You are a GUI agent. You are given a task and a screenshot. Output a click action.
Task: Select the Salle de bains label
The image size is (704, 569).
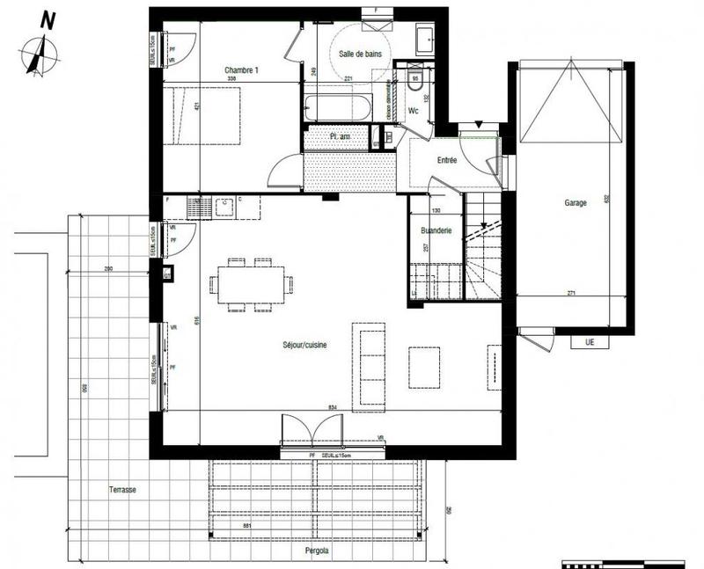[x=359, y=55]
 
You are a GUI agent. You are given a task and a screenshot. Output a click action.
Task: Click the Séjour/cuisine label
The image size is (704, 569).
[x=304, y=347]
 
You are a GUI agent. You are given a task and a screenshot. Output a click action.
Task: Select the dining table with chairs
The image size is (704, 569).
[x=252, y=284]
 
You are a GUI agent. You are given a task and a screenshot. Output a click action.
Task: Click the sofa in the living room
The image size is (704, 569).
[x=368, y=366]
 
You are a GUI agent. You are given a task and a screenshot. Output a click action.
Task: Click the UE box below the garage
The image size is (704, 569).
[x=589, y=341]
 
